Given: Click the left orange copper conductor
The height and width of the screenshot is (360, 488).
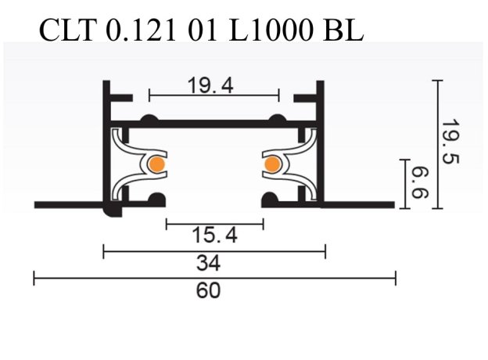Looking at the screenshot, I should [x=156, y=164].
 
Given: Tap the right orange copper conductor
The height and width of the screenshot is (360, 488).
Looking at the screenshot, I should [x=271, y=164].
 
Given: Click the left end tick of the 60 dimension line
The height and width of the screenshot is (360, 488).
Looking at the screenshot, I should [x=34, y=278].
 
